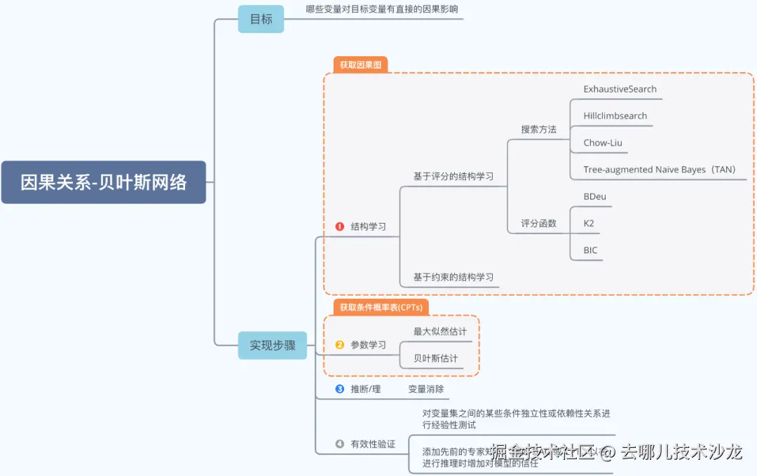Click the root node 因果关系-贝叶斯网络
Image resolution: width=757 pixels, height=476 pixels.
coord(103,182)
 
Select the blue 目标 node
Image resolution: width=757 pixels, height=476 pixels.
coord(261,19)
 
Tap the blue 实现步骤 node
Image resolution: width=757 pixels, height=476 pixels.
coord(272,345)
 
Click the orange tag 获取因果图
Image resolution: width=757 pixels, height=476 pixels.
coord(360,64)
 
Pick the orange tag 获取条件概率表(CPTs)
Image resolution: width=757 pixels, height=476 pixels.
coord(380,307)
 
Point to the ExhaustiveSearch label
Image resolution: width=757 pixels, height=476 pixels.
coord(620,89)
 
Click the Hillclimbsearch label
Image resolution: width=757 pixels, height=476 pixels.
coord(615,116)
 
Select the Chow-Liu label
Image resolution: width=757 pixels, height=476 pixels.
coord(602,142)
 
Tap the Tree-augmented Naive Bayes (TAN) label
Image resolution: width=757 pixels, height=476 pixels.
coord(659,170)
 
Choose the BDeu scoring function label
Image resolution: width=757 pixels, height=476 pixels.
coord(594,196)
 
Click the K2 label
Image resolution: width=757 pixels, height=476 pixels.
coord(589,224)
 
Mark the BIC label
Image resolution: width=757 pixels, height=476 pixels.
coord(590,250)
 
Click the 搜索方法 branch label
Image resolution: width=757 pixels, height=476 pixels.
coord(538,130)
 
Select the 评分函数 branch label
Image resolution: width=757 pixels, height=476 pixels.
coord(538,224)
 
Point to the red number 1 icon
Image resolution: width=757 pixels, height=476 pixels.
coord(340,226)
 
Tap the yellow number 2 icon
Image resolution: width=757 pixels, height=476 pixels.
coord(340,345)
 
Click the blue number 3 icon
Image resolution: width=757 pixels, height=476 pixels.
coord(340,388)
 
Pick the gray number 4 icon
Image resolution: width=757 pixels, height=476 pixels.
coord(340,444)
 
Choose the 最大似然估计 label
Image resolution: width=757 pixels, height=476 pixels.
coord(439,332)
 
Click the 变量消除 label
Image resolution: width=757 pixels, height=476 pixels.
coord(425,388)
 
